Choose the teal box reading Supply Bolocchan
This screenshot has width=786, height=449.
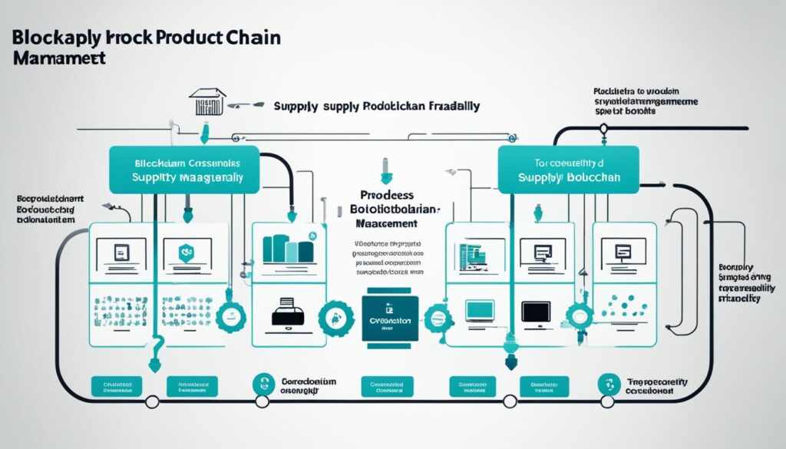pyautogui.click(x=569, y=170)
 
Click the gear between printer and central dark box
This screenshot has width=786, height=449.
pyautogui.click(x=335, y=315)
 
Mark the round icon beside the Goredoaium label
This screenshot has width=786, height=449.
pyautogui.click(x=263, y=384)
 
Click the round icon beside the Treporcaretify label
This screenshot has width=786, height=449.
pyautogui.click(x=608, y=384)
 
